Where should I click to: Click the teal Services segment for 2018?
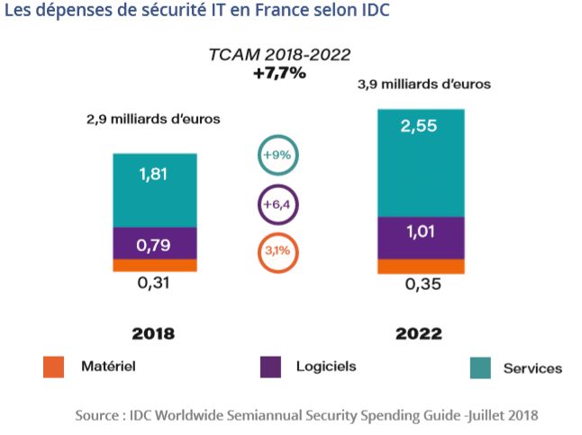(x=154, y=190)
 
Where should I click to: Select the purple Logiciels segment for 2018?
(x=154, y=243)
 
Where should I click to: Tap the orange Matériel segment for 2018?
(x=154, y=265)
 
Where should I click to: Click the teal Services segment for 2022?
(x=421, y=163)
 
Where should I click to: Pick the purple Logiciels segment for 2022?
(x=421, y=238)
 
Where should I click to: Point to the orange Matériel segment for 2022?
(x=421, y=267)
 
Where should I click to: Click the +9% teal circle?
(x=277, y=155)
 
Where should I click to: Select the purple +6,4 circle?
(x=277, y=205)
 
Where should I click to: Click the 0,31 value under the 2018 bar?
(x=154, y=285)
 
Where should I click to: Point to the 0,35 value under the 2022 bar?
(x=420, y=287)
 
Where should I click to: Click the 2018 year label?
(x=153, y=333)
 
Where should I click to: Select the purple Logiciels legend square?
(x=269, y=367)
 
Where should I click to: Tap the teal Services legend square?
(x=481, y=367)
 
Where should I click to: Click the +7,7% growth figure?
(x=279, y=73)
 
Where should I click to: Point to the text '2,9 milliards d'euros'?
(x=153, y=118)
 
